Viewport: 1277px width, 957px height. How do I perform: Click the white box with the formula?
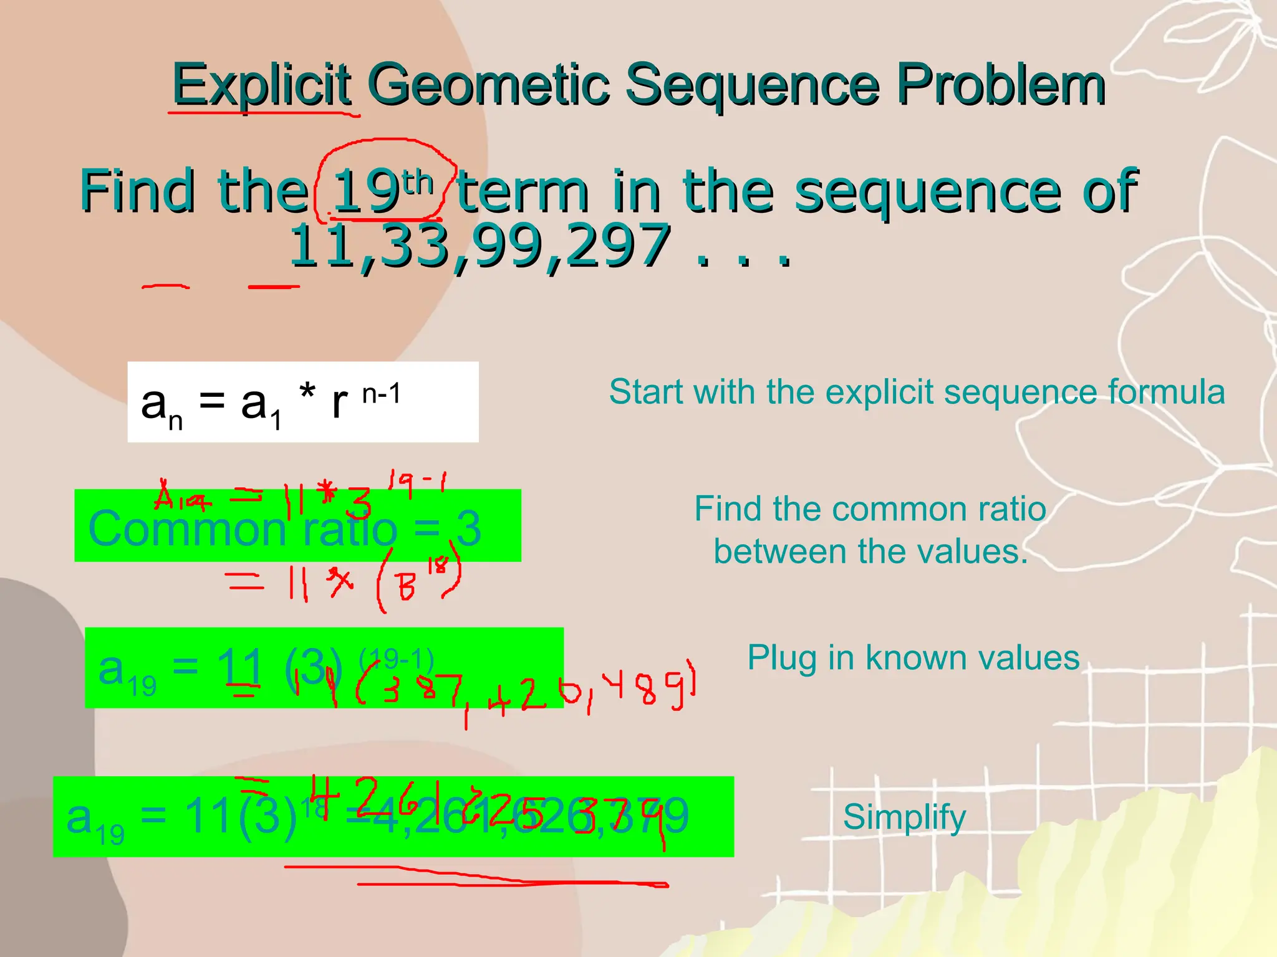(303, 402)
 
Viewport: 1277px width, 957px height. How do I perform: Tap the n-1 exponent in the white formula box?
(381, 394)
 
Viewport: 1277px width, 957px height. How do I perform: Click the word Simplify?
(904, 817)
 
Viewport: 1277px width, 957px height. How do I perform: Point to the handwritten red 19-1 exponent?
(417, 483)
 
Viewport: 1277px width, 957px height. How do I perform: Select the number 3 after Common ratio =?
(469, 528)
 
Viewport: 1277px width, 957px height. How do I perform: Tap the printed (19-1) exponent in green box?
(397, 659)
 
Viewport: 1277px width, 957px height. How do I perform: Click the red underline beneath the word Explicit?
(263, 113)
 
